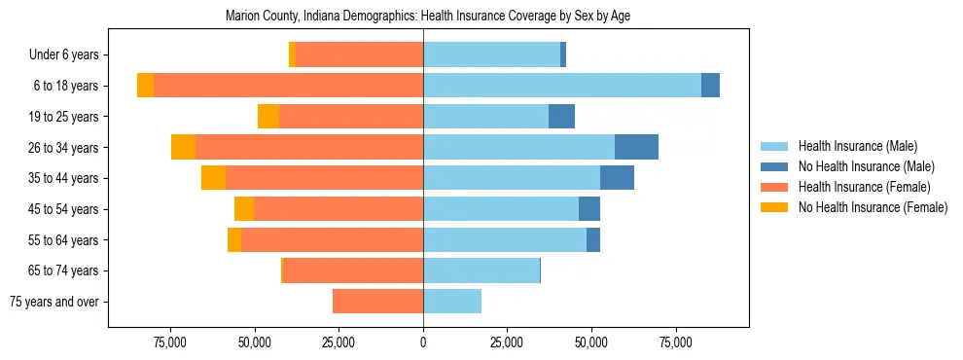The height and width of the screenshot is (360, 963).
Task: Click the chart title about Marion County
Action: tap(428, 17)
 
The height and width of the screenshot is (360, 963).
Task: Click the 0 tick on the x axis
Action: tap(423, 342)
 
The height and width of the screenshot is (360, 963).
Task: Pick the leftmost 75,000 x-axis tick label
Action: tap(170, 342)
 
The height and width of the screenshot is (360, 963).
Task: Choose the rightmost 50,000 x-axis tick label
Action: tap(591, 342)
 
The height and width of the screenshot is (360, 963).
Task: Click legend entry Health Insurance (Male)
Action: tap(857, 146)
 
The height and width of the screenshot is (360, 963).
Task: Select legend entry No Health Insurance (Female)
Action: tap(873, 207)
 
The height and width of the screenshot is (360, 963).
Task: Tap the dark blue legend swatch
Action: tap(775, 166)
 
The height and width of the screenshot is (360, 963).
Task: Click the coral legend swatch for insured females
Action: tap(775, 187)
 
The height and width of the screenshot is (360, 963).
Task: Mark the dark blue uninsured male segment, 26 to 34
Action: tap(636, 148)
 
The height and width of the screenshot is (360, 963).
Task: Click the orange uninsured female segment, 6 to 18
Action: tap(145, 86)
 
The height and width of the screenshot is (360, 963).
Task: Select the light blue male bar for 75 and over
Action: tap(452, 302)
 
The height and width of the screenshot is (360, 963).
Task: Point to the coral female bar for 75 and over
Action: tap(377, 302)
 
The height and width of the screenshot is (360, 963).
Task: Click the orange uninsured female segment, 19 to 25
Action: tap(268, 117)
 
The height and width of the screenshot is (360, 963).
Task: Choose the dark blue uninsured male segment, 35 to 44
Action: tap(617, 178)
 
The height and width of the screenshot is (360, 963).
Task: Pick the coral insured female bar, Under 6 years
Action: tap(359, 55)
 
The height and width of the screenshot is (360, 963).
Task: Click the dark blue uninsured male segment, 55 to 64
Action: tap(593, 240)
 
